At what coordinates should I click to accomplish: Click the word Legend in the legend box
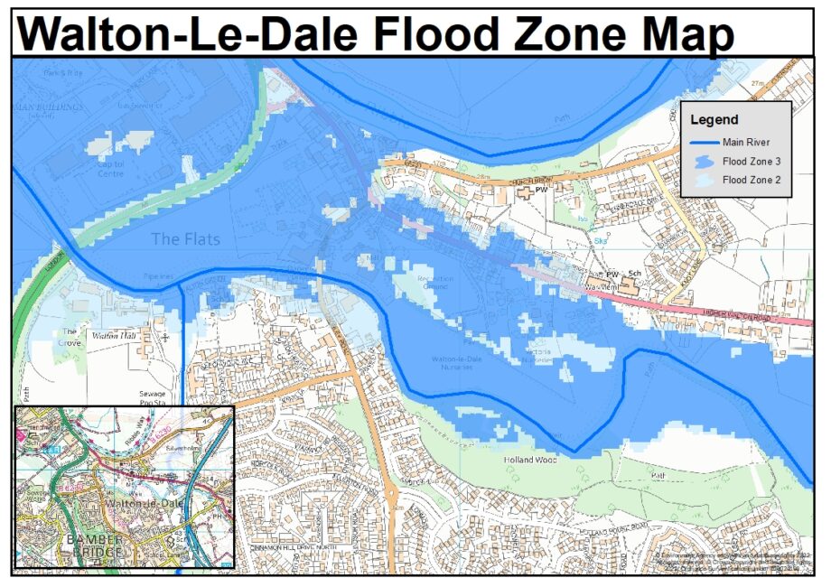pyautogui.click(x=714, y=119)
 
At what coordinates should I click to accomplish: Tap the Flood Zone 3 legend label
pyautogui.click(x=752, y=162)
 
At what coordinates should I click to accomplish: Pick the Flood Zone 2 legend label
pyautogui.click(x=752, y=181)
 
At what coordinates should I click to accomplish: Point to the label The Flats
pyautogui.click(x=184, y=239)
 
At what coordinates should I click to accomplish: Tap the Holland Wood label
pyautogui.click(x=528, y=461)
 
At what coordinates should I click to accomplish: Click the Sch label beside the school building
pyautogui.click(x=635, y=274)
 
